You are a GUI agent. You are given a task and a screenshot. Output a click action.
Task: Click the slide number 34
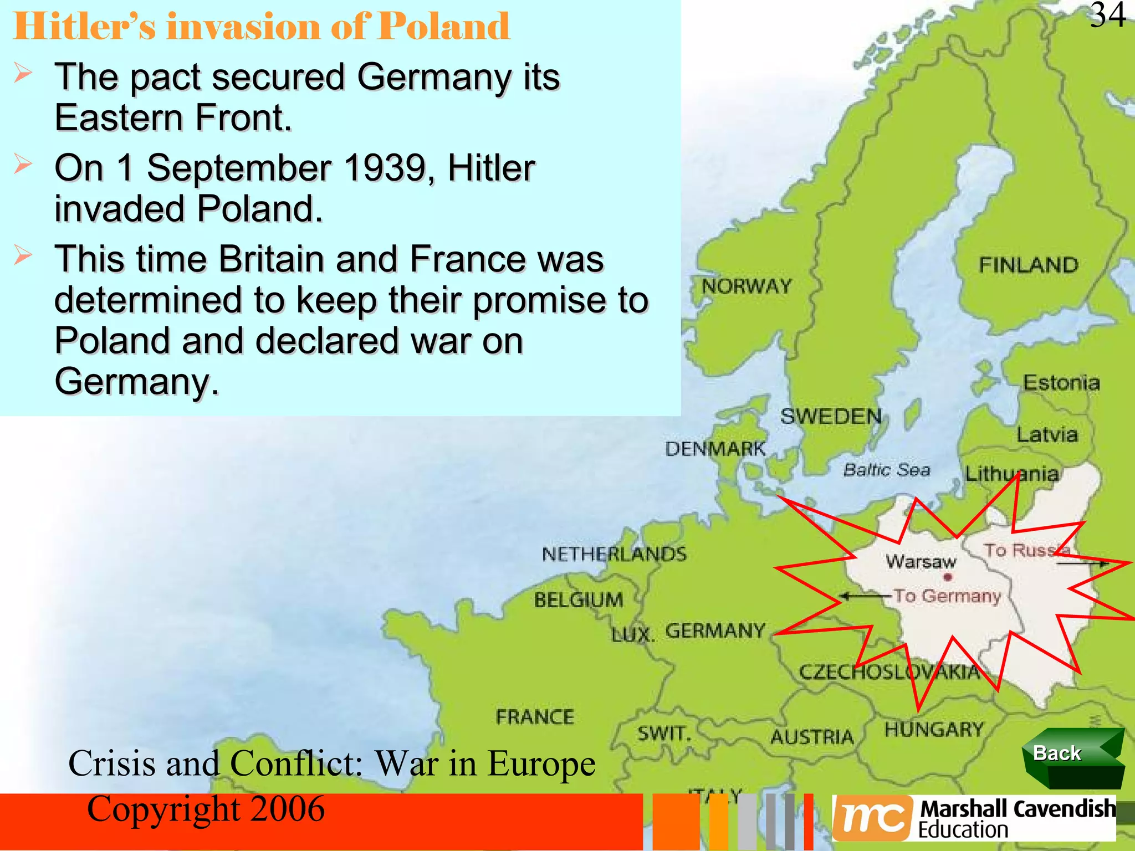point(1108,16)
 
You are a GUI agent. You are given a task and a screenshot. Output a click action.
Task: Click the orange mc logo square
point(872,818)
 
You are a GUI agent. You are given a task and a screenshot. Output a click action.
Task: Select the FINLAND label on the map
point(1028,265)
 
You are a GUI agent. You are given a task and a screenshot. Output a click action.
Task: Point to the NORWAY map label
point(746,286)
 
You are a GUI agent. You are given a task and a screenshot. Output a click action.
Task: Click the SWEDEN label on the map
point(830,416)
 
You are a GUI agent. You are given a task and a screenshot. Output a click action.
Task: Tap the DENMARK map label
point(715,449)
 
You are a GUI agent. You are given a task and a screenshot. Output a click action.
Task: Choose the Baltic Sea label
point(886,470)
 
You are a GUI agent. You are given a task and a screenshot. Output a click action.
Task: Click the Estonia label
point(1061,383)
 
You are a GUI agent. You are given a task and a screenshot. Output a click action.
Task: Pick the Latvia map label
point(1047,434)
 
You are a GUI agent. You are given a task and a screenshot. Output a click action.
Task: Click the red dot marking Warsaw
point(948,577)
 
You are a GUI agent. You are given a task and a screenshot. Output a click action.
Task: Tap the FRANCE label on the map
point(535,717)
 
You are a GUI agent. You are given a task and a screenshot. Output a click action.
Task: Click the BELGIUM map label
point(579,599)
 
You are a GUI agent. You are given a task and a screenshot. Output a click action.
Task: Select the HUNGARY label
point(934,729)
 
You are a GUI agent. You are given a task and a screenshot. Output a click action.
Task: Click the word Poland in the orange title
point(444,26)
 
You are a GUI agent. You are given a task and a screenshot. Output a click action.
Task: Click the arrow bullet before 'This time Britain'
point(23,255)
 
